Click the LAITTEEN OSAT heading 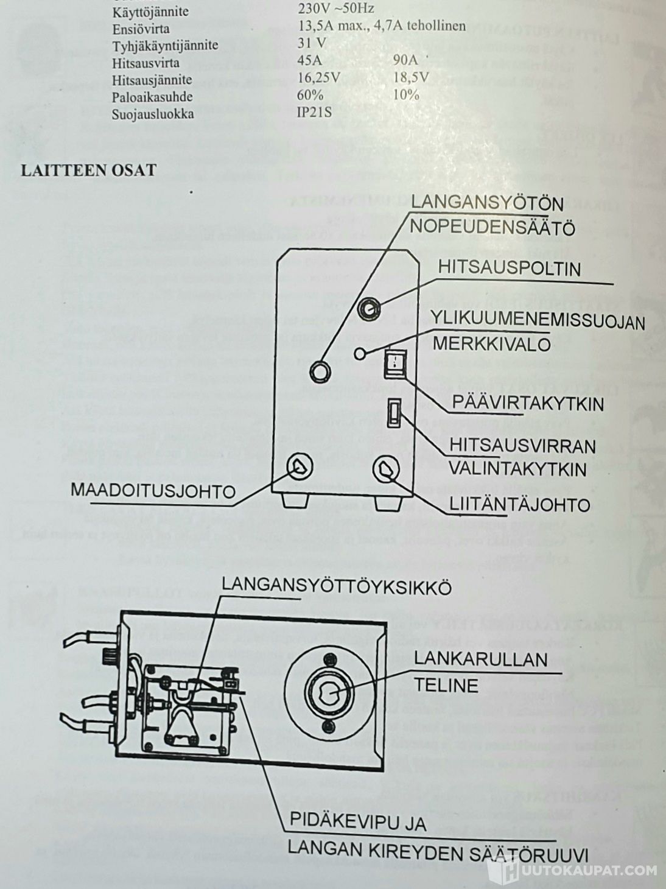(89, 170)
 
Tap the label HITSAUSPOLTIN (509, 268)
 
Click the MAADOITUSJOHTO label (153, 490)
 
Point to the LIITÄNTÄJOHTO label (520, 504)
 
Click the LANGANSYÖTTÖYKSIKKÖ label (336, 586)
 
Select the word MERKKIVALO (491, 344)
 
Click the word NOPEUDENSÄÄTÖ (492, 228)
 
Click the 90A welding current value (405, 61)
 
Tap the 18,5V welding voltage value (412, 78)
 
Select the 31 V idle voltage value (312, 44)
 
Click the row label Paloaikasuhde (152, 97)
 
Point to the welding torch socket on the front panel (367, 309)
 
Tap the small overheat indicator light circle (361, 353)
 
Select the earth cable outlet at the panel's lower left (300, 467)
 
